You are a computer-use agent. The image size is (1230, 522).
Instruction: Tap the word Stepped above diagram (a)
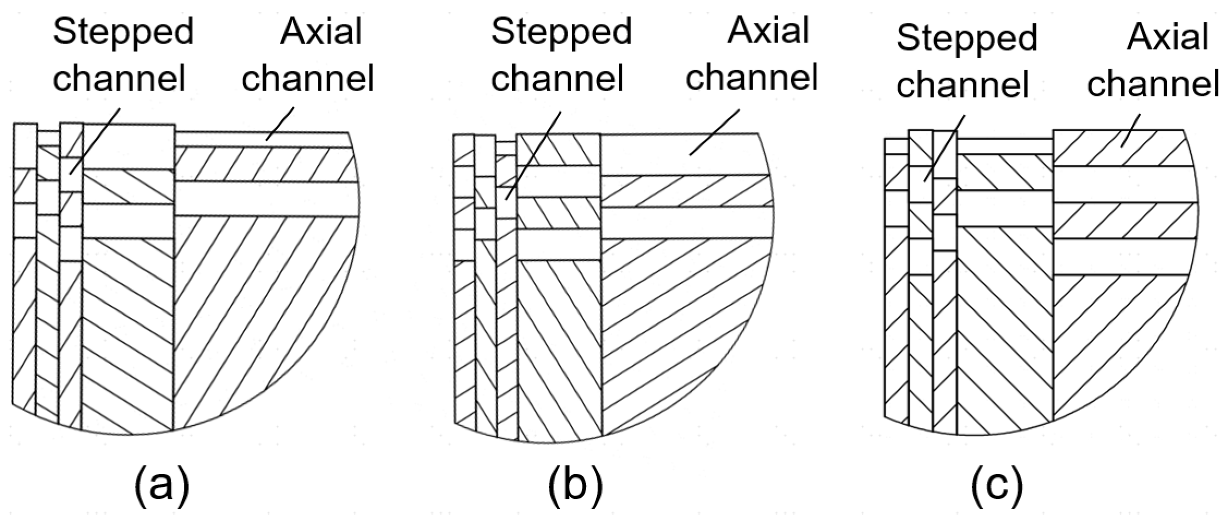123,32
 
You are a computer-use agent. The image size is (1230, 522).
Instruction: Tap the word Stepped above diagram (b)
561,32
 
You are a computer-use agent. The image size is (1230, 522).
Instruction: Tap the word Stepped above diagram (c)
967,38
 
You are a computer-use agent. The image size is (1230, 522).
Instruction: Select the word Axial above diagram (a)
321,32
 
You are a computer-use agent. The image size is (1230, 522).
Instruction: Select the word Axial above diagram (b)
768,30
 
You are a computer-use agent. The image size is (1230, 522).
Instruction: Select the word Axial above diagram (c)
1167,37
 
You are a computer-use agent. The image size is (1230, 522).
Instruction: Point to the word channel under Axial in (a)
308,77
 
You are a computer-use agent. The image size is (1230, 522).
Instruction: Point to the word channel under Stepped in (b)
557,77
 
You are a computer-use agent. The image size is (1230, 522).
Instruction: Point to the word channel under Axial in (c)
1153,84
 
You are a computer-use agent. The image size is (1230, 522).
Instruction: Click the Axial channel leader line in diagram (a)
280,124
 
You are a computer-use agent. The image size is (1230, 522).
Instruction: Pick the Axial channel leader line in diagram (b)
715,132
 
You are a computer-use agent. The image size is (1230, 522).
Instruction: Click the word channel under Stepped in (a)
119,77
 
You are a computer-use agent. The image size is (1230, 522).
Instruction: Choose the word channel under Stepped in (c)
962,84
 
